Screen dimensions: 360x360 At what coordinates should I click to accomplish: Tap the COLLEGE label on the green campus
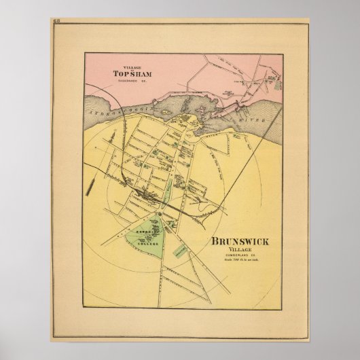149,242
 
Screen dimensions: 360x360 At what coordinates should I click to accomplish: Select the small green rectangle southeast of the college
179,250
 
